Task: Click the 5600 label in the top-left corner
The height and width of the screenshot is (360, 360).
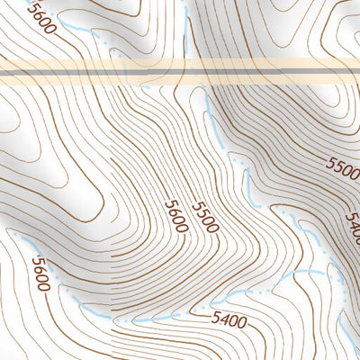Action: [41, 16]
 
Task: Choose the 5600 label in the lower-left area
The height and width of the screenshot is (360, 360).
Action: [41, 274]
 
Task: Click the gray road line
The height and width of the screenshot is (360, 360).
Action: [180, 70]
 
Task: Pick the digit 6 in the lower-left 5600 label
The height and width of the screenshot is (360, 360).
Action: [38, 268]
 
